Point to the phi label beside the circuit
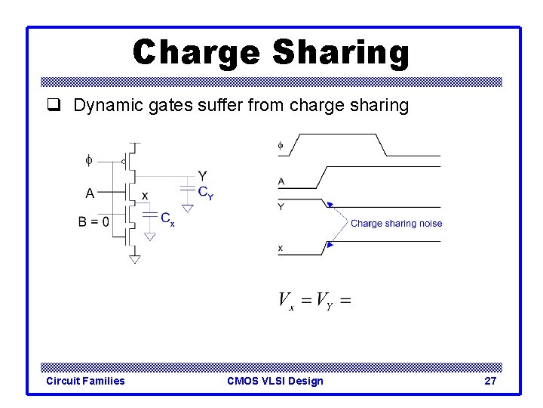pos(88,160)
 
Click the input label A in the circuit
pos(90,193)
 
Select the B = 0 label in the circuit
pos(94,222)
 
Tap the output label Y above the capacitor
pos(202,176)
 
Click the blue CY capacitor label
pos(205,193)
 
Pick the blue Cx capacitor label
pos(167,218)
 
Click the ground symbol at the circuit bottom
pos(134,259)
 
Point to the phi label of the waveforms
pos(281,144)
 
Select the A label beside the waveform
pos(281,181)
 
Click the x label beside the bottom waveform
pos(281,248)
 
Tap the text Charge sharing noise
pos(396,224)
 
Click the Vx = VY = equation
pos(314,301)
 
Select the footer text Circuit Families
pos(85,381)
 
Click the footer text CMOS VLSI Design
pos(275,381)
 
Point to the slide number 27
pos(490,381)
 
